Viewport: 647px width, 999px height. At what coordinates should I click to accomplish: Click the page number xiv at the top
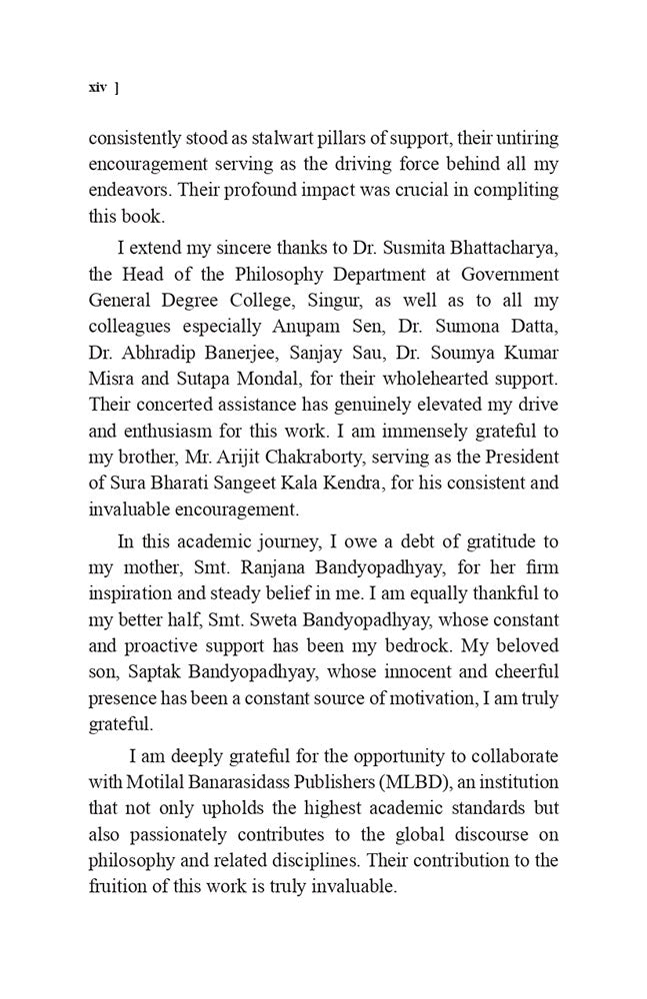click(x=97, y=87)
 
